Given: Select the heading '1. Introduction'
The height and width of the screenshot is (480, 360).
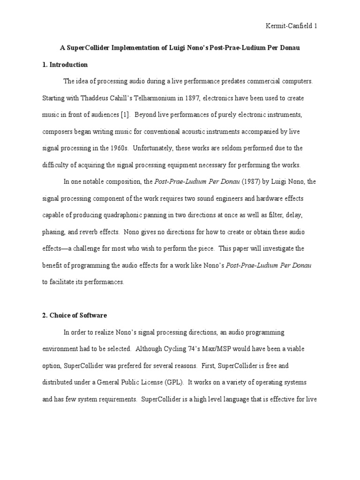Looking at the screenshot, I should coord(65,65).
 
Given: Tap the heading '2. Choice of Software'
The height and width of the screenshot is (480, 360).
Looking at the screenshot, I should coord(75,315).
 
